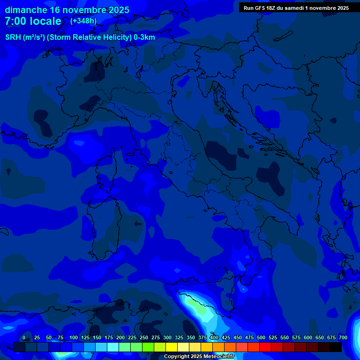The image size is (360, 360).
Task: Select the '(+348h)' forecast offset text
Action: click(x=83, y=21)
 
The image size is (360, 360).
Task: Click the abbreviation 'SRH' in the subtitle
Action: click(x=13, y=37)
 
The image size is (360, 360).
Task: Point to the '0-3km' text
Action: click(x=144, y=37)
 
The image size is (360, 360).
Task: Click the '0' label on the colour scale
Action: click(x=24, y=337)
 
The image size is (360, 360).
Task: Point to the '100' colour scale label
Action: click(x=74, y=337)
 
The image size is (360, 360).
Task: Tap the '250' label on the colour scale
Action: click(x=144, y=337)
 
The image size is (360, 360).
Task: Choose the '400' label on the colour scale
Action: click(x=214, y=337)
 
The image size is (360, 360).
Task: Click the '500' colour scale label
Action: click(x=261, y=337)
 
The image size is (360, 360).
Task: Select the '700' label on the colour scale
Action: click(x=343, y=337)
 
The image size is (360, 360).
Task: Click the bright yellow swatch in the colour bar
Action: click(x=172, y=347)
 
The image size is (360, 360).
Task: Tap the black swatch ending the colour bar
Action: click(x=336, y=347)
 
